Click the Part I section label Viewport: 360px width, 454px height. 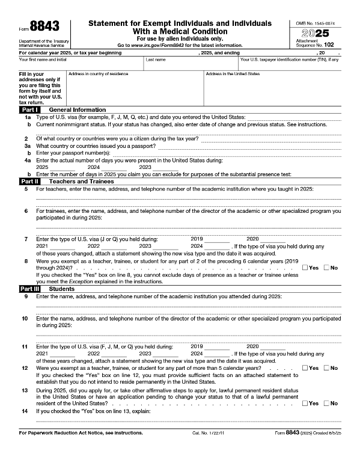30,110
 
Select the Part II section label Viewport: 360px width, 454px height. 30,181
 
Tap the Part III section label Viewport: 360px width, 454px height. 30,289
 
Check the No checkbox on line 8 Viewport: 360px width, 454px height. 327,268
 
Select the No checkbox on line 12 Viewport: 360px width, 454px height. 327,368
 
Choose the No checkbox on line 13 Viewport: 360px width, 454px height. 327,403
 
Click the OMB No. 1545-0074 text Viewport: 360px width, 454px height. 318,22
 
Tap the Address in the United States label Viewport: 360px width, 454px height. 233,74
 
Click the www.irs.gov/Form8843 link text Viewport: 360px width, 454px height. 168,45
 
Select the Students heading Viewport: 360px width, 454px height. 62,289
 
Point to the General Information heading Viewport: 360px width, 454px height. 77,110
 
